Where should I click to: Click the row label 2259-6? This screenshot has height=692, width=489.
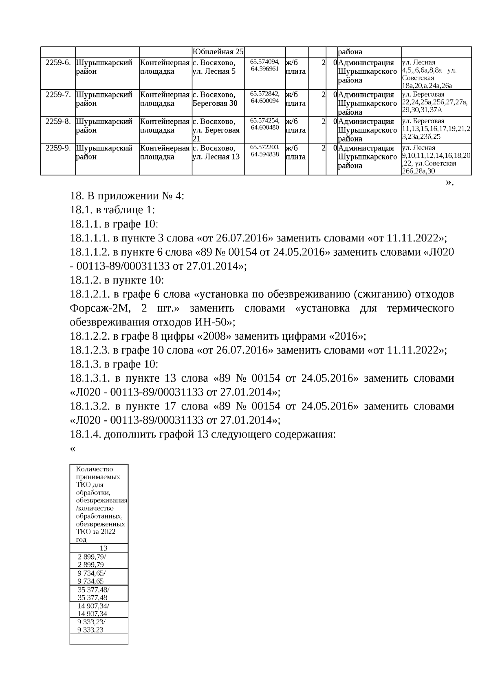click(x=58, y=63)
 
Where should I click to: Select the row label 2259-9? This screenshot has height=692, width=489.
click(x=58, y=148)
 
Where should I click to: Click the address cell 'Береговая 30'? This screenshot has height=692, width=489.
click(x=215, y=104)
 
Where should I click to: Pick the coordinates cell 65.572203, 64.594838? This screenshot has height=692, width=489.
click(x=264, y=150)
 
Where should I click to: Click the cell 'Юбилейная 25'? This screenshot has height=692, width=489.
click(x=218, y=52)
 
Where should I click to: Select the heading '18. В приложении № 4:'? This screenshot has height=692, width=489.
click(x=127, y=196)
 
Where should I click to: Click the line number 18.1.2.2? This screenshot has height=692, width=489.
click(x=90, y=336)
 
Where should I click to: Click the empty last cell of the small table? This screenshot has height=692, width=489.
click(x=99, y=639)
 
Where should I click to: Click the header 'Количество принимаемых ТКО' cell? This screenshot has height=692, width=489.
click(x=99, y=504)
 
